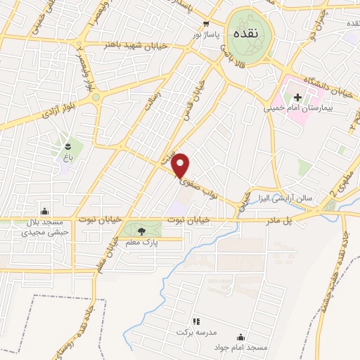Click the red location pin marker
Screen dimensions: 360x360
[181, 166]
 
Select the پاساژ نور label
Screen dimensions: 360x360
[209, 34]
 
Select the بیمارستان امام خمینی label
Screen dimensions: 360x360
[298, 109]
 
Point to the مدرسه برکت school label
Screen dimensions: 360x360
[195, 330]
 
